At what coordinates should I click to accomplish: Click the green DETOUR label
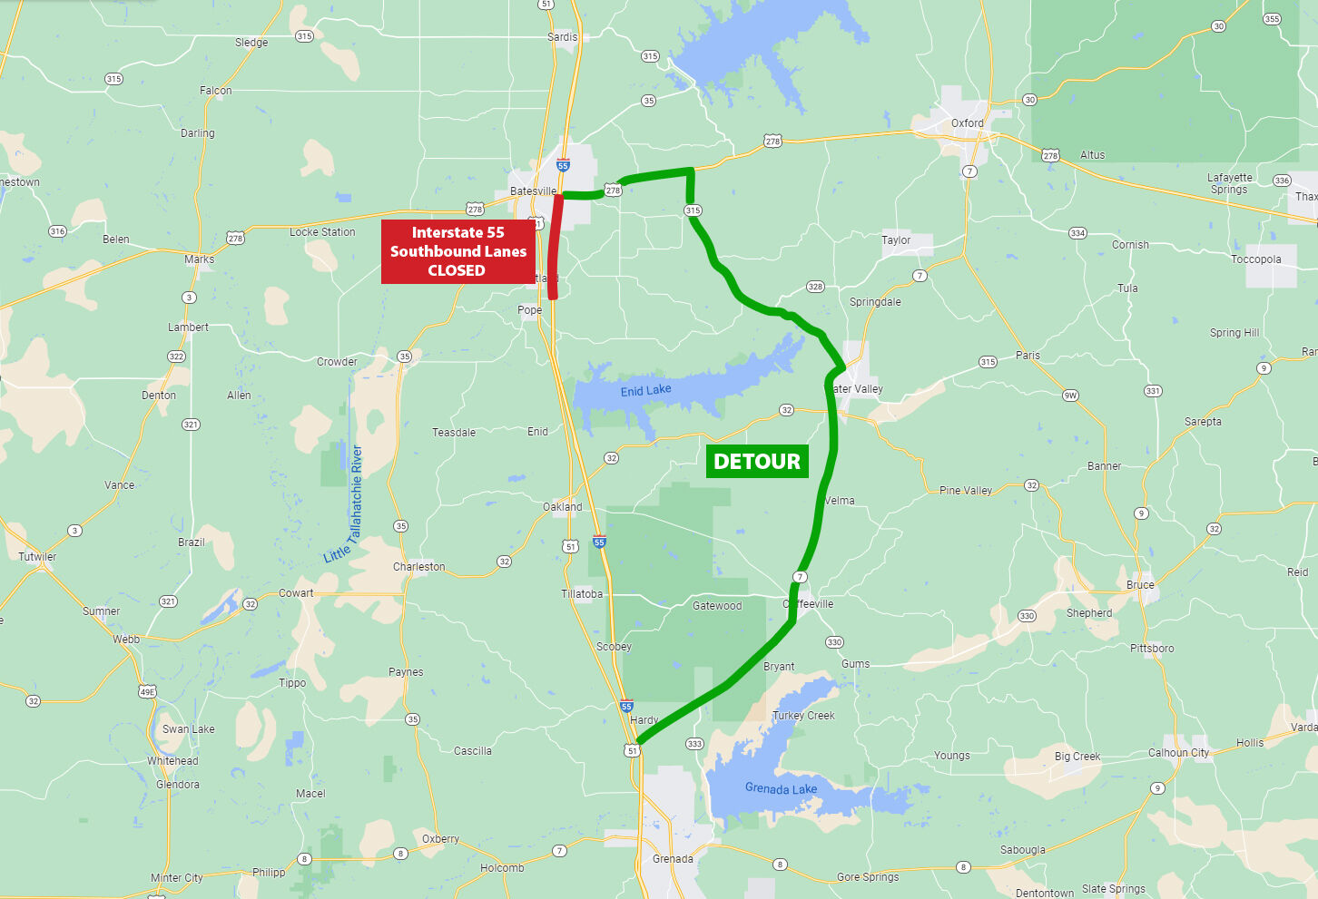757,462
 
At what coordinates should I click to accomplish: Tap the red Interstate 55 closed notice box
457,251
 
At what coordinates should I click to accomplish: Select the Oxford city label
967,123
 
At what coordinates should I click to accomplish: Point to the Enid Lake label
645,391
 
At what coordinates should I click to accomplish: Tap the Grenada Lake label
781,788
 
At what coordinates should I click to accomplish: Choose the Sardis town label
562,37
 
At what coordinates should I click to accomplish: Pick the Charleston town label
418,567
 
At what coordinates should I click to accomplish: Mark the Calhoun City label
1178,753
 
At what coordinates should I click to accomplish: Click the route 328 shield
815,287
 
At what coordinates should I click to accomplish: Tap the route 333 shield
694,744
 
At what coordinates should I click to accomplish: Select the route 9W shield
1071,396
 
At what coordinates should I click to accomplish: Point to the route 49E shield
147,692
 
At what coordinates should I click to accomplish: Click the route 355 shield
1272,19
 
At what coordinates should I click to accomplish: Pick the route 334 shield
1077,233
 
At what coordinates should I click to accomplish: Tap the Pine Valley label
965,491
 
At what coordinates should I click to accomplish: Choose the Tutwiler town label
37,557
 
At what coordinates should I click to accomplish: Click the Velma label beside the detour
840,501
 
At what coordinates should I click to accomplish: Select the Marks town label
199,259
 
